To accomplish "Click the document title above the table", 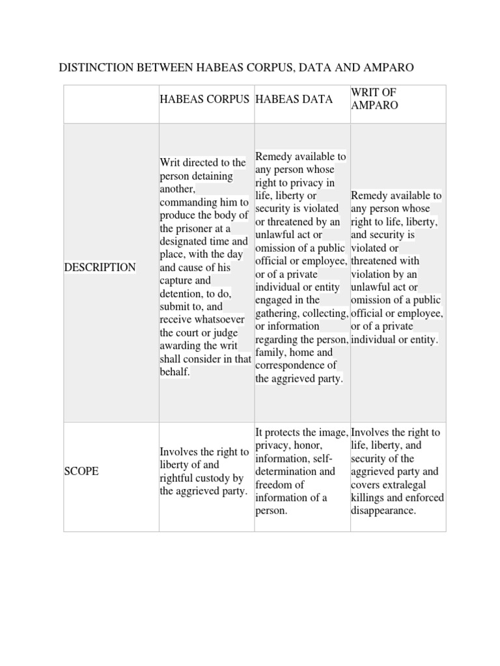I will (236, 68).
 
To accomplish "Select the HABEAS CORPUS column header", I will (204, 99).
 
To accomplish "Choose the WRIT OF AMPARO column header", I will (374, 99).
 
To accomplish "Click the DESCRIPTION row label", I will (100, 267).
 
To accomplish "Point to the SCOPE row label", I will (81, 472).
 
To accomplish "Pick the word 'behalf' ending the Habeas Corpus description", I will (174, 371).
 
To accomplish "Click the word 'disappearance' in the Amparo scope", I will (383, 511).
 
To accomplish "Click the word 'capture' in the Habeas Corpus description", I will (176, 280).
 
